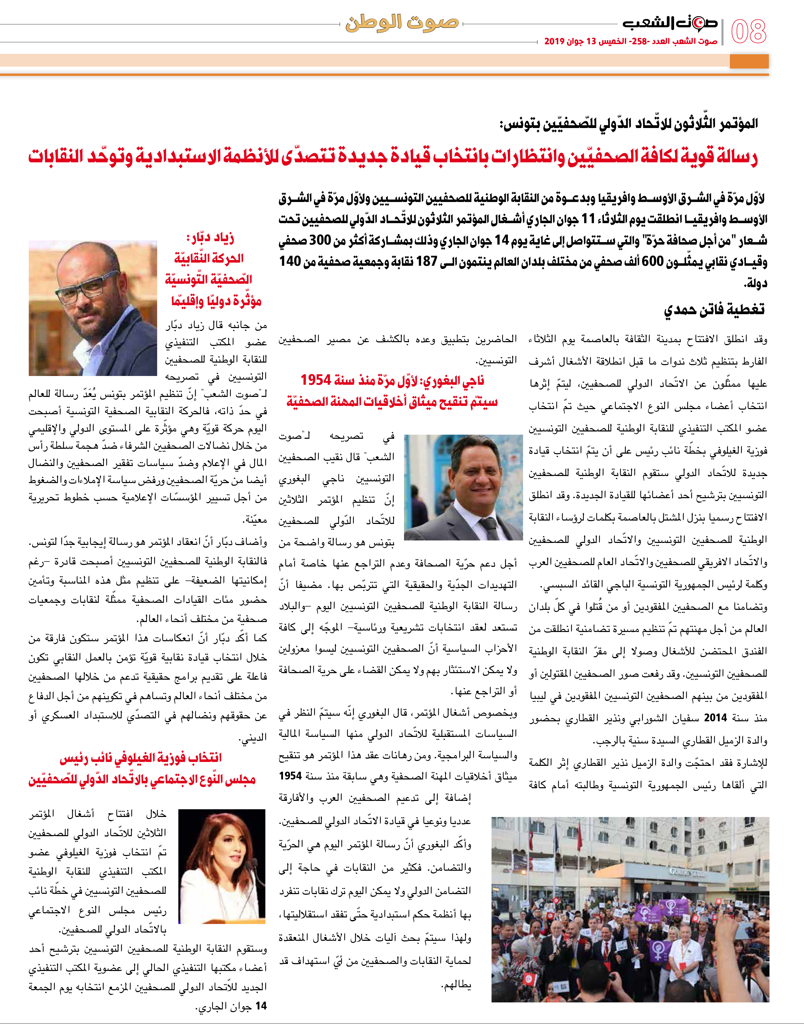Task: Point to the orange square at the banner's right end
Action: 749,61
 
